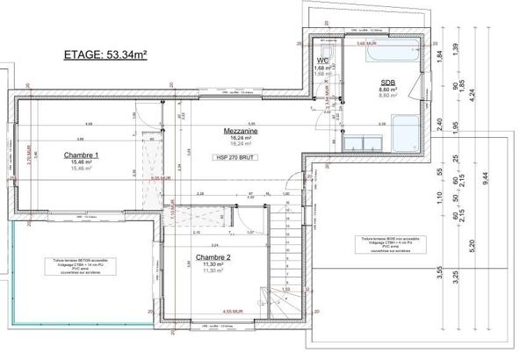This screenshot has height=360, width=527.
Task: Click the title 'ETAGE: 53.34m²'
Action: pos(105,54)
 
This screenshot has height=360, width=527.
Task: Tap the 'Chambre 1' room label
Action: pos(81,155)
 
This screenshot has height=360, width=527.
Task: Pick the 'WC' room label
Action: pos(322,61)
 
